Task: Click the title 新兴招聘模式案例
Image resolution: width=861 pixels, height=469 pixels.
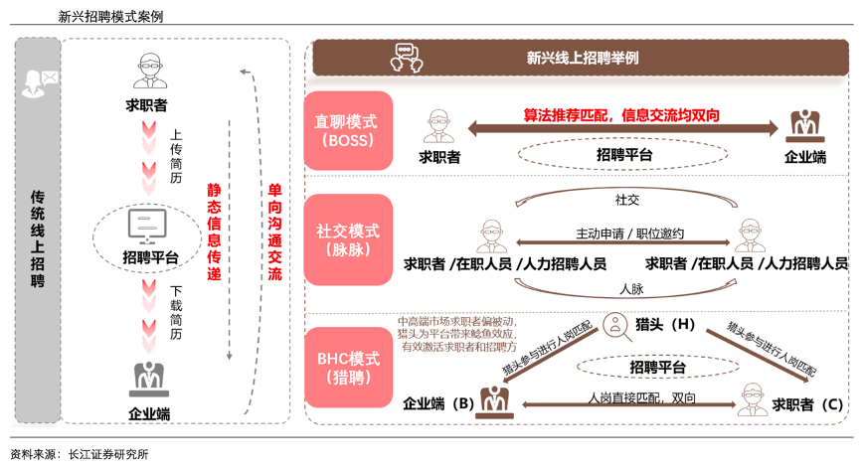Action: [x=110, y=16]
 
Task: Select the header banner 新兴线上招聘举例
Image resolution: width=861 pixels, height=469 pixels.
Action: [x=582, y=58]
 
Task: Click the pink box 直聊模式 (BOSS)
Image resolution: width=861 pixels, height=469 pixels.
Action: [x=346, y=130]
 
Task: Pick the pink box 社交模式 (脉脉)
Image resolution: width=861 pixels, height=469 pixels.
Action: [x=346, y=239]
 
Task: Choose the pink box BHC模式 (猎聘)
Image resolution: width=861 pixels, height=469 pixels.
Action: [x=346, y=369]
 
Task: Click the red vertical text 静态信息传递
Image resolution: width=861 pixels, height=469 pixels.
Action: [x=214, y=231]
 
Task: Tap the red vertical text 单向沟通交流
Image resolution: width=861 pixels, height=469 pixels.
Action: [x=274, y=231]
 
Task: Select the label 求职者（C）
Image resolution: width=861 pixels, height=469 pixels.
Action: [x=806, y=404]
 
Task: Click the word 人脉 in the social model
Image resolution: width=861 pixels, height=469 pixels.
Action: [x=629, y=289]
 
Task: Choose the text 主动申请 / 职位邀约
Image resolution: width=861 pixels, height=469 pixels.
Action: [x=629, y=234]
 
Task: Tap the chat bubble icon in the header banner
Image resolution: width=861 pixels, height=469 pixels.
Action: [x=406, y=57]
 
